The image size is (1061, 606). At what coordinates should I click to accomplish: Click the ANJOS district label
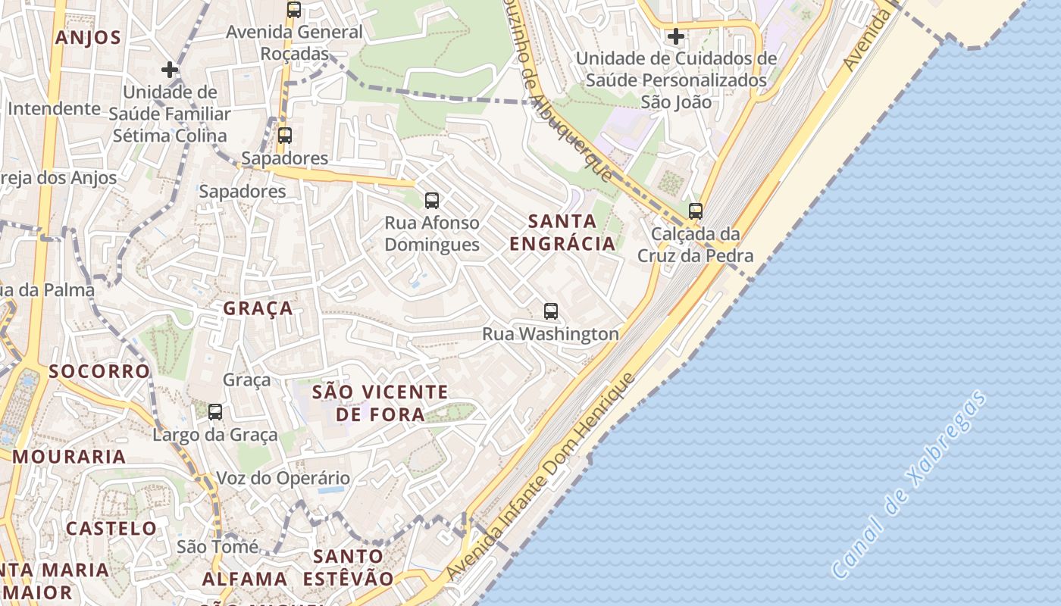(89, 38)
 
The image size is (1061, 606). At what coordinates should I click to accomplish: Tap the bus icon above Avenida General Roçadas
(294, 10)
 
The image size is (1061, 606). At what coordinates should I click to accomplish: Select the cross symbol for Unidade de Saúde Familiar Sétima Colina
(170, 70)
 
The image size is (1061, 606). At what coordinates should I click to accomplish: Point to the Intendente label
(54, 108)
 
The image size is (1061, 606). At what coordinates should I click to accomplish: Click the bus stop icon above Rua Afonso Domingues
(432, 201)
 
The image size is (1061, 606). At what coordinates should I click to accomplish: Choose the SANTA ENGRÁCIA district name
(562, 233)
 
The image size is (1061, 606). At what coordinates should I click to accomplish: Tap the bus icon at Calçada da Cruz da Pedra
(696, 211)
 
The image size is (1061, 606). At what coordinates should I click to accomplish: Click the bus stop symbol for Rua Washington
(551, 311)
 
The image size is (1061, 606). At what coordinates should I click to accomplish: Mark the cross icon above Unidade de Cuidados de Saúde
(676, 36)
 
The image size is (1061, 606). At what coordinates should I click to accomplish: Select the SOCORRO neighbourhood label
(99, 371)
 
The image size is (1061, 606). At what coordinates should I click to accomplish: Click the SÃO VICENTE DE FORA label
(380, 403)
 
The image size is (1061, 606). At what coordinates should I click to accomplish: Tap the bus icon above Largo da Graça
(215, 412)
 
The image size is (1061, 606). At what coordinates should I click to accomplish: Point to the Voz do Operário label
(283, 478)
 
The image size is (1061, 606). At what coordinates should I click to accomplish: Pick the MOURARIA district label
(69, 457)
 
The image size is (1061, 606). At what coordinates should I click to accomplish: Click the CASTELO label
(111, 528)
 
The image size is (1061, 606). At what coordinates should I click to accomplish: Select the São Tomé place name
(218, 546)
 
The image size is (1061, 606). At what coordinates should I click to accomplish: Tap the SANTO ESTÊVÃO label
(349, 567)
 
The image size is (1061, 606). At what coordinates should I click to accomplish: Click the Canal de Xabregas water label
(910, 485)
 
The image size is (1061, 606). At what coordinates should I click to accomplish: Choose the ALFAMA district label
(244, 579)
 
